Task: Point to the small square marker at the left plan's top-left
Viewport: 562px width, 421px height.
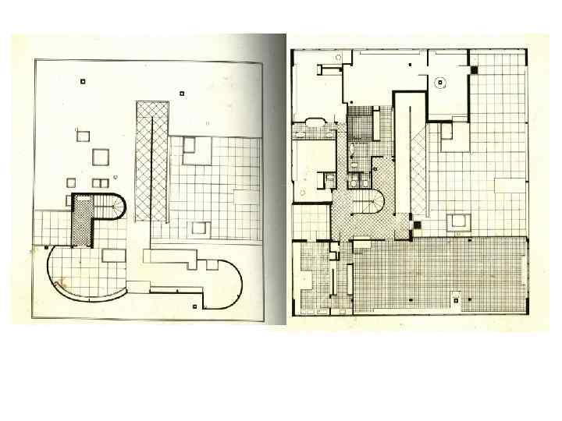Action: tap(82, 81)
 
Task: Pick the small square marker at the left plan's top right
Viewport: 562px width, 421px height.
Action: tap(181, 94)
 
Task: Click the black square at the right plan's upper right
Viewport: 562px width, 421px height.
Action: tap(473, 71)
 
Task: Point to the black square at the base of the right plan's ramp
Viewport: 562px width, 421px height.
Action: tap(417, 225)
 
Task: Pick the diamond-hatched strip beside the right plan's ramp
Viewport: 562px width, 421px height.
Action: tap(421, 168)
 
